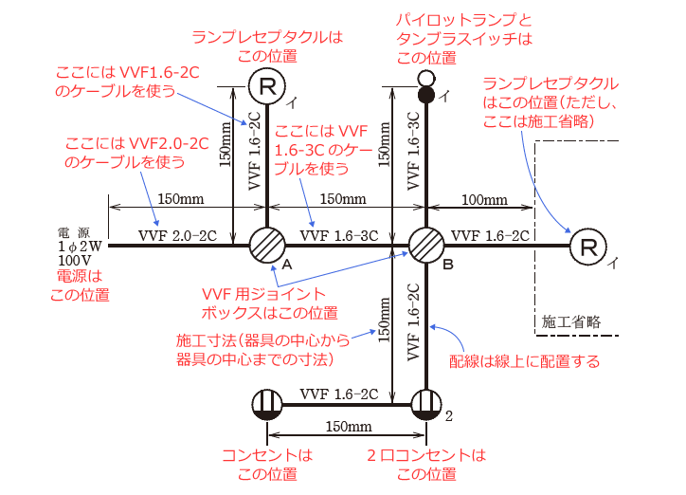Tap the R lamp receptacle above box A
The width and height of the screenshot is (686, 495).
(267, 86)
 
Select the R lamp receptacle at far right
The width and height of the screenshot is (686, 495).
(588, 248)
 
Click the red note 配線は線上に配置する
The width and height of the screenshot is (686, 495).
(525, 361)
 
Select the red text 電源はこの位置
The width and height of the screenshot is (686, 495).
(79, 284)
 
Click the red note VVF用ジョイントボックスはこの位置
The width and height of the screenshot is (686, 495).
(269, 302)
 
